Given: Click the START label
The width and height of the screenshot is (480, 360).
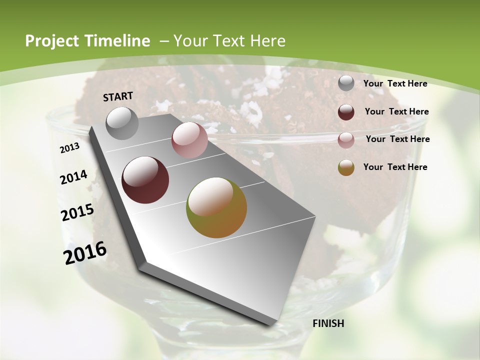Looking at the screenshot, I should pos(118,96).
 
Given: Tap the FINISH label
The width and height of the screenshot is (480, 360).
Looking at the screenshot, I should pos(328,323).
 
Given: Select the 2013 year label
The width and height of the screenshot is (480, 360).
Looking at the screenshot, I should pos(70,147).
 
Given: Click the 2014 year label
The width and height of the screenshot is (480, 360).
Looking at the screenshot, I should pos(73,177).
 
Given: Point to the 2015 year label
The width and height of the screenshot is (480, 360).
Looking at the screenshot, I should pos(77,212).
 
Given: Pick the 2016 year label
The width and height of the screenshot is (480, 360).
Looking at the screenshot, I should pos(85,252).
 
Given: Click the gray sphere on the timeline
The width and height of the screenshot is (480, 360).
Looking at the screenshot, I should pos(122,123).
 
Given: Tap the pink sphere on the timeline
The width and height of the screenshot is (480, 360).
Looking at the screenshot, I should pos(189,140).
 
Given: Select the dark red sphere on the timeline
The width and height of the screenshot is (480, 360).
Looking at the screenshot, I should pos(145,180).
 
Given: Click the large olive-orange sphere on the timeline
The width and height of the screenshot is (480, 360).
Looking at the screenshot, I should pos(216,207).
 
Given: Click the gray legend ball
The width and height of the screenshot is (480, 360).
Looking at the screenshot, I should pos(346,83).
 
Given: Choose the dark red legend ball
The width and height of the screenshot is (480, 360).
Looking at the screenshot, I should pos(346,112).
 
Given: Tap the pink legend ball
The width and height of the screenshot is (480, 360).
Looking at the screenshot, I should pos(346,140).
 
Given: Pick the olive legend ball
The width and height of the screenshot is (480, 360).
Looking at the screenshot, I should pos(346,167).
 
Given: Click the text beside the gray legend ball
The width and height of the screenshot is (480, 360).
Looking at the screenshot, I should pos(395,83).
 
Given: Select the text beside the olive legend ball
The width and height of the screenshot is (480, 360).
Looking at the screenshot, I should pos(395,167).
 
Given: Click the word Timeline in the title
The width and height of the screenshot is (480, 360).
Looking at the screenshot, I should pos(118,41).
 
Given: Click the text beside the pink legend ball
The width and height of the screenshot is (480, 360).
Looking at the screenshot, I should pos(397,139).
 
